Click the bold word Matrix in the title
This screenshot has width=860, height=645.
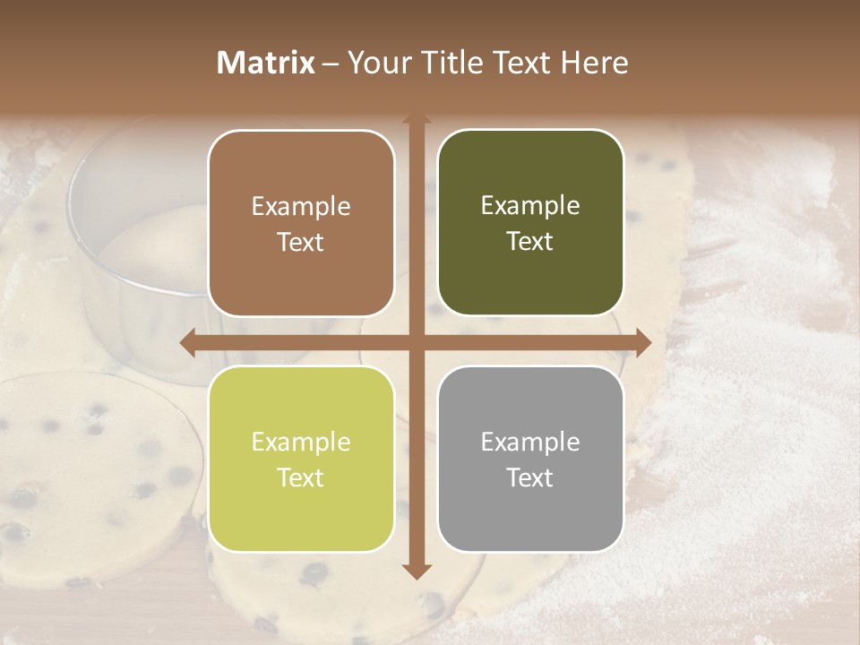pyautogui.click(x=266, y=63)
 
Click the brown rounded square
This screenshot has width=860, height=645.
pyautogui.click(x=301, y=223)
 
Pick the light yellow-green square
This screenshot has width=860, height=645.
pyautogui.click(x=301, y=459)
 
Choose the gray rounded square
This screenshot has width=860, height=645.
pyautogui.click(x=530, y=459)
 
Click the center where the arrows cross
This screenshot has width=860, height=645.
pyautogui.click(x=416, y=342)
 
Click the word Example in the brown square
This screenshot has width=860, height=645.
pyautogui.click(x=301, y=207)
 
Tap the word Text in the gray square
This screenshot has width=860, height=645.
pyautogui.click(x=530, y=477)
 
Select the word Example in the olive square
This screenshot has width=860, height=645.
pyautogui.click(x=530, y=206)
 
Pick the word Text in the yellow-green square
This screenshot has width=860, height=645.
pyautogui.click(x=301, y=477)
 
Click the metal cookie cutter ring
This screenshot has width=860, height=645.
pyautogui.click(x=134, y=224)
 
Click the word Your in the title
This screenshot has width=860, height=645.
pyautogui.click(x=374, y=63)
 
